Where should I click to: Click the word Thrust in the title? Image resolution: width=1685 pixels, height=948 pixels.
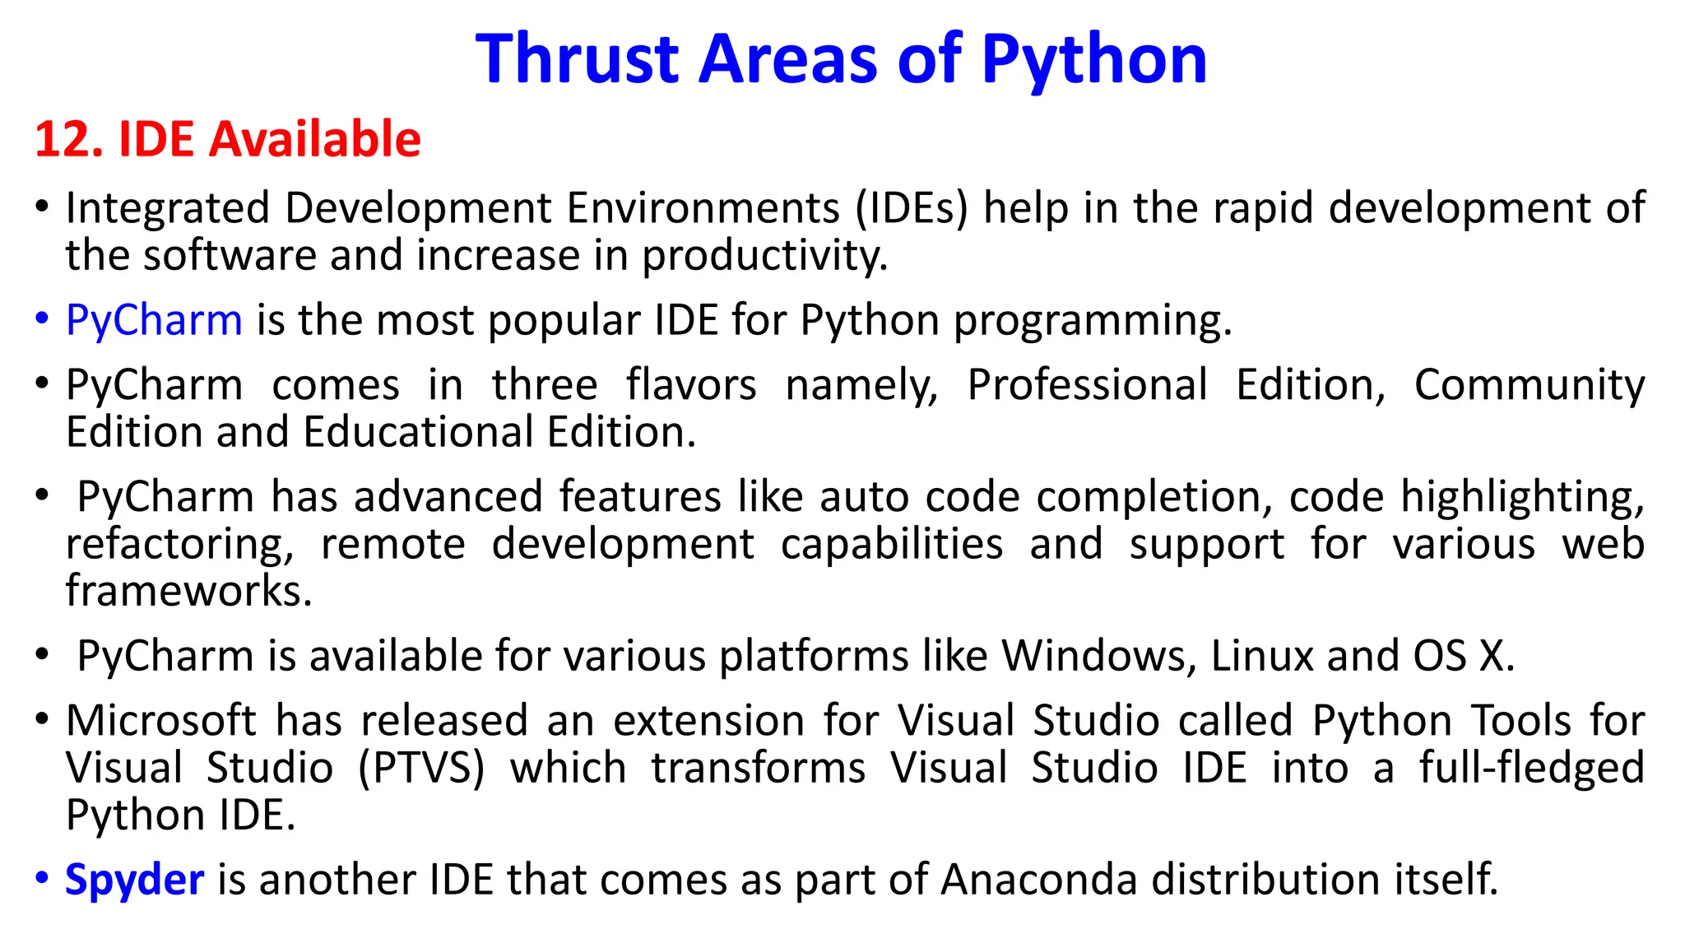point(577,59)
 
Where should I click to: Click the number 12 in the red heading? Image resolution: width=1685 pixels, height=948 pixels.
point(62,139)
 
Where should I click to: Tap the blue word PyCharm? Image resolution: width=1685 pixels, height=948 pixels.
point(154,320)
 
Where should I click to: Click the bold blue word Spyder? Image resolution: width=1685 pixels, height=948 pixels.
point(134,880)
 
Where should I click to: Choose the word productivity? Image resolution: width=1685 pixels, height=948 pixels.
point(764,256)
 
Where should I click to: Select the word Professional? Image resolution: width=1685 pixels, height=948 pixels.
point(1087,385)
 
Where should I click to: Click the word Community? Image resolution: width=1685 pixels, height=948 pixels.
point(1529,385)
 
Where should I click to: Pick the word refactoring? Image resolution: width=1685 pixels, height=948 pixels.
point(179,545)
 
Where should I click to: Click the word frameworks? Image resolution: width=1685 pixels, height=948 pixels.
point(188,592)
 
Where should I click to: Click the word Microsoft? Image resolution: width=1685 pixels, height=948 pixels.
point(161,722)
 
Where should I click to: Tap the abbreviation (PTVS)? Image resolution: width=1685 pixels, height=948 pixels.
point(421,769)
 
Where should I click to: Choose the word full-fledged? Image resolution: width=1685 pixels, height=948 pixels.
point(1531,769)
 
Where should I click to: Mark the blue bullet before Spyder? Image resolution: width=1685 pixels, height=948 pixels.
point(42,878)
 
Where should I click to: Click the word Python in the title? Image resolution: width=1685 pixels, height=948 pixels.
point(1093,59)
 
